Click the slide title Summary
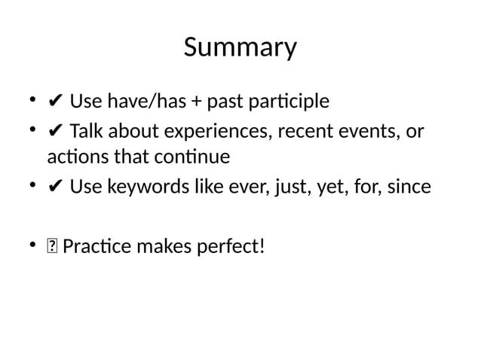pyautogui.click(x=240, y=47)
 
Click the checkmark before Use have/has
pyautogui.click(x=54, y=102)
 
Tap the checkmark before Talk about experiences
pyautogui.click(x=54, y=133)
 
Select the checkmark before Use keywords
pyautogui.click(x=54, y=186)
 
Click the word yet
pyautogui.click(x=311, y=186)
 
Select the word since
pyautogui.click(x=409, y=186)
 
